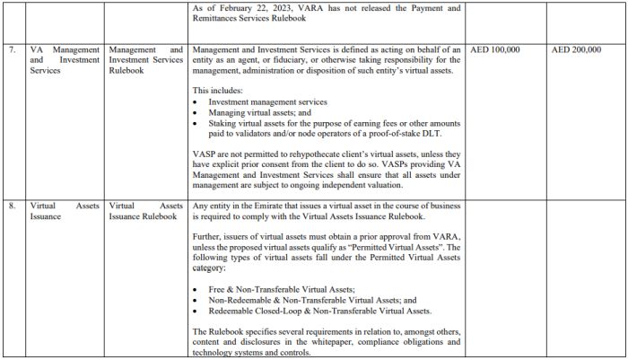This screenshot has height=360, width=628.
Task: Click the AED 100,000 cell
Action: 495,49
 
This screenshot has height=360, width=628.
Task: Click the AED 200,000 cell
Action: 578,49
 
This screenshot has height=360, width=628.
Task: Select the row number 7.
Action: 12,49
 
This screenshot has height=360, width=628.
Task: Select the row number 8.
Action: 12,206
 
